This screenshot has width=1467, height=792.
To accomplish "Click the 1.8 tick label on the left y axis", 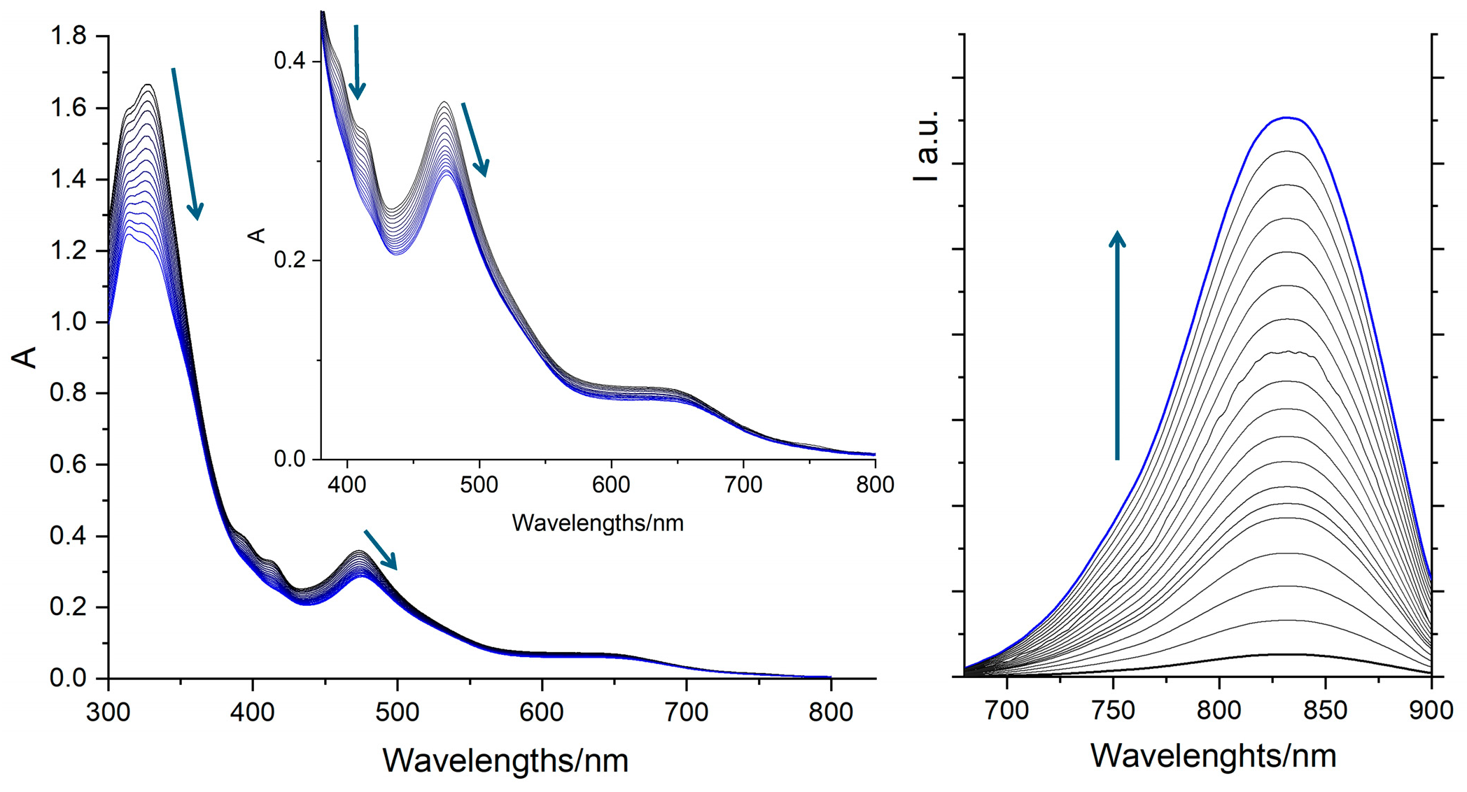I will tap(68, 35).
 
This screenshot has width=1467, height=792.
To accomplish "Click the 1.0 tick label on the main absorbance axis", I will tap(68, 322).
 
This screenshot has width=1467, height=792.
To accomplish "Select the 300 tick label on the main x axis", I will tap(108, 712).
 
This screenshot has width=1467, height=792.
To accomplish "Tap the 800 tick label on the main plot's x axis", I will tap(831, 712).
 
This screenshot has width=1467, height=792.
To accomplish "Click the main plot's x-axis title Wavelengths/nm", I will tap(505, 761).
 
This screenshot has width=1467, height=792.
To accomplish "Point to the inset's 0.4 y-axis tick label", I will tap(289, 61).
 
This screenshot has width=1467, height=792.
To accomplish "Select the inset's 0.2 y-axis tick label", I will tap(289, 260).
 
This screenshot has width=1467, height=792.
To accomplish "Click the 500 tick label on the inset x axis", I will tap(479, 485).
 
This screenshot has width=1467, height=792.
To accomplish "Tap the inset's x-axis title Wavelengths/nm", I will tap(597, 523).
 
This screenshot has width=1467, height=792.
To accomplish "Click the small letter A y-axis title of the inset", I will tap(257, 235).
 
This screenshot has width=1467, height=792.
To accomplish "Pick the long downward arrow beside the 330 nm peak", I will tap(187, 143).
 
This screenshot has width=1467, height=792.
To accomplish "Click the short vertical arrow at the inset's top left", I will tap(357, 62).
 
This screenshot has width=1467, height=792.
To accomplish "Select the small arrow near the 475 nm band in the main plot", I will tap(381, 550).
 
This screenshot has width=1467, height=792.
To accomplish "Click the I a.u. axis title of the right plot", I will tap(926, 146).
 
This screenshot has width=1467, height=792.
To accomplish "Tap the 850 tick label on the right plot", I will tap(1325, 712).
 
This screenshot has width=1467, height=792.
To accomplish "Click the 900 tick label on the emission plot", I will tap(1431, 712).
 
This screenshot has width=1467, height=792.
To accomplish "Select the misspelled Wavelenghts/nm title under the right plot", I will tap(1213, 756).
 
